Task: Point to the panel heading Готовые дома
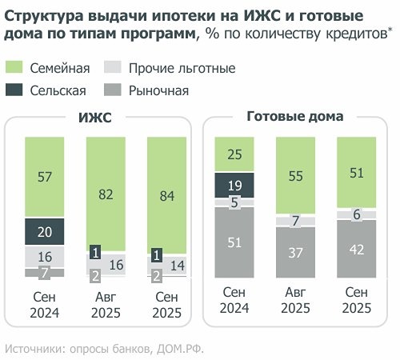pos(295,117)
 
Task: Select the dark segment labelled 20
pos(44,231)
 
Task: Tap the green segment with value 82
pos(105,193)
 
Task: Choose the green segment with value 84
pos(166,194)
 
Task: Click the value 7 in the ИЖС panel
pos(44,273)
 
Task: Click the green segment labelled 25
pos(234,154)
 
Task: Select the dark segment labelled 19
pos(234,185)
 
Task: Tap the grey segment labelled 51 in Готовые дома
pos(234,242)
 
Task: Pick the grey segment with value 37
pos(295,254)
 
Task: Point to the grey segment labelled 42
pos(357,249)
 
